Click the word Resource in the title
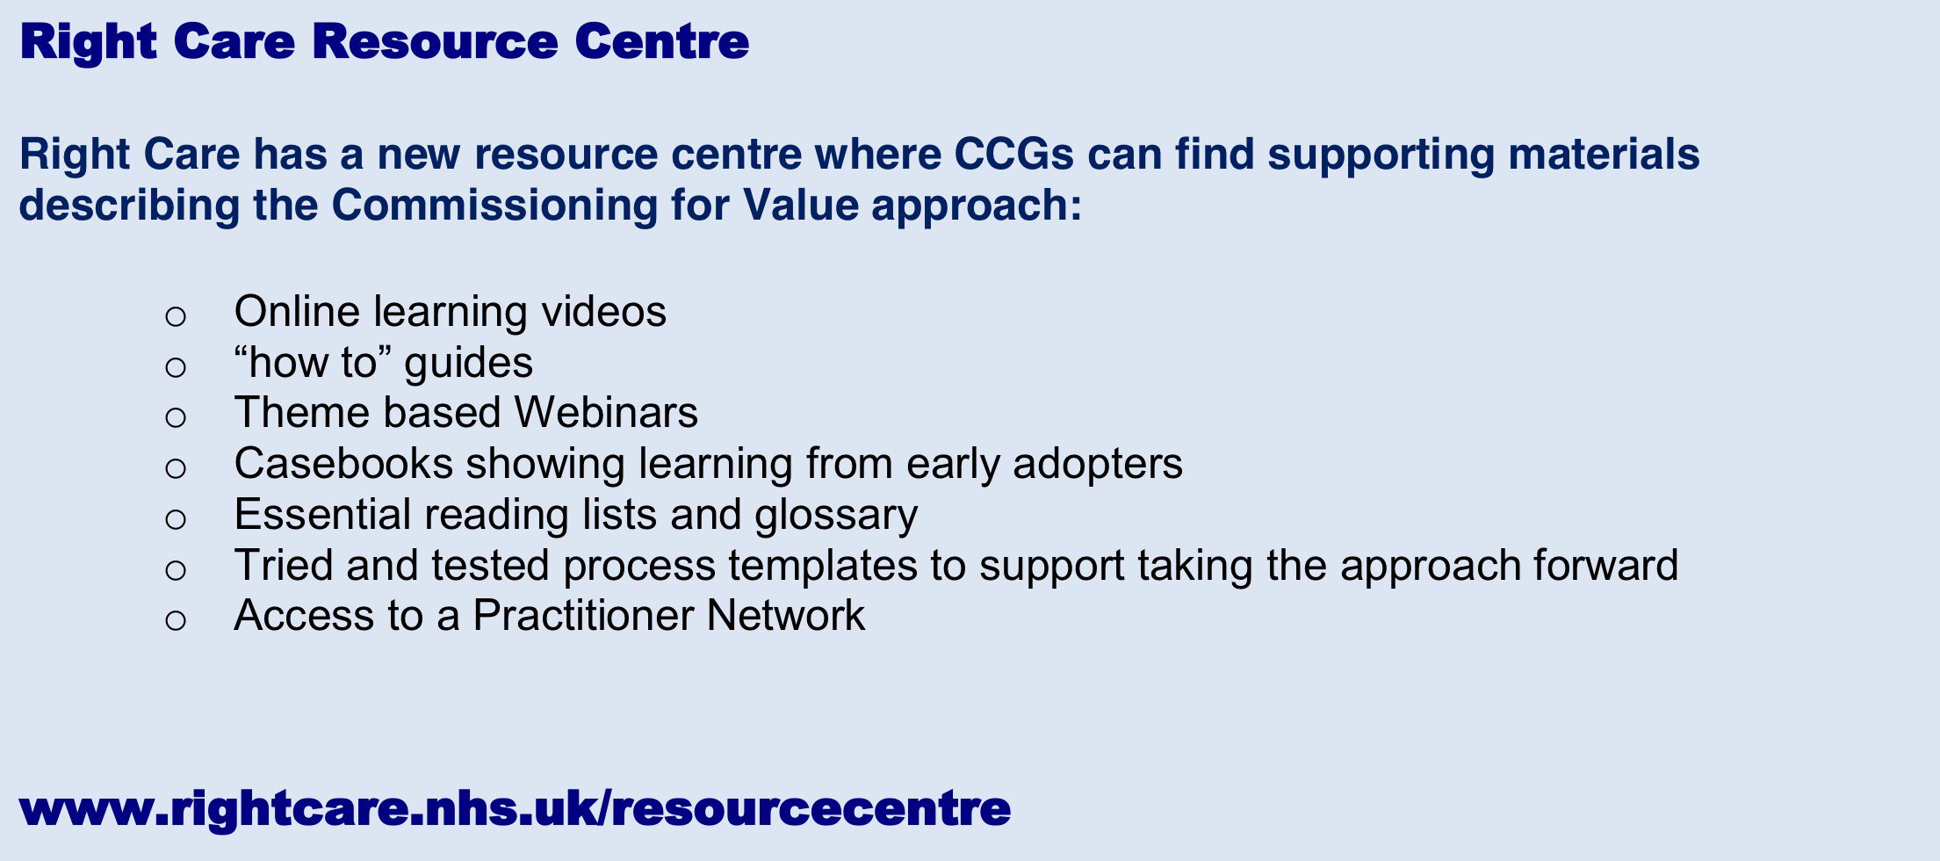436,41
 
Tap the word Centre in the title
662,41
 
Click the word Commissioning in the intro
494,206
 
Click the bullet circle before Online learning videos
176,316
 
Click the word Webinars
606,413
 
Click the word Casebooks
343,464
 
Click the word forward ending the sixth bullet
1606,565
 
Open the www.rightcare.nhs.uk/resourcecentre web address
515,808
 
